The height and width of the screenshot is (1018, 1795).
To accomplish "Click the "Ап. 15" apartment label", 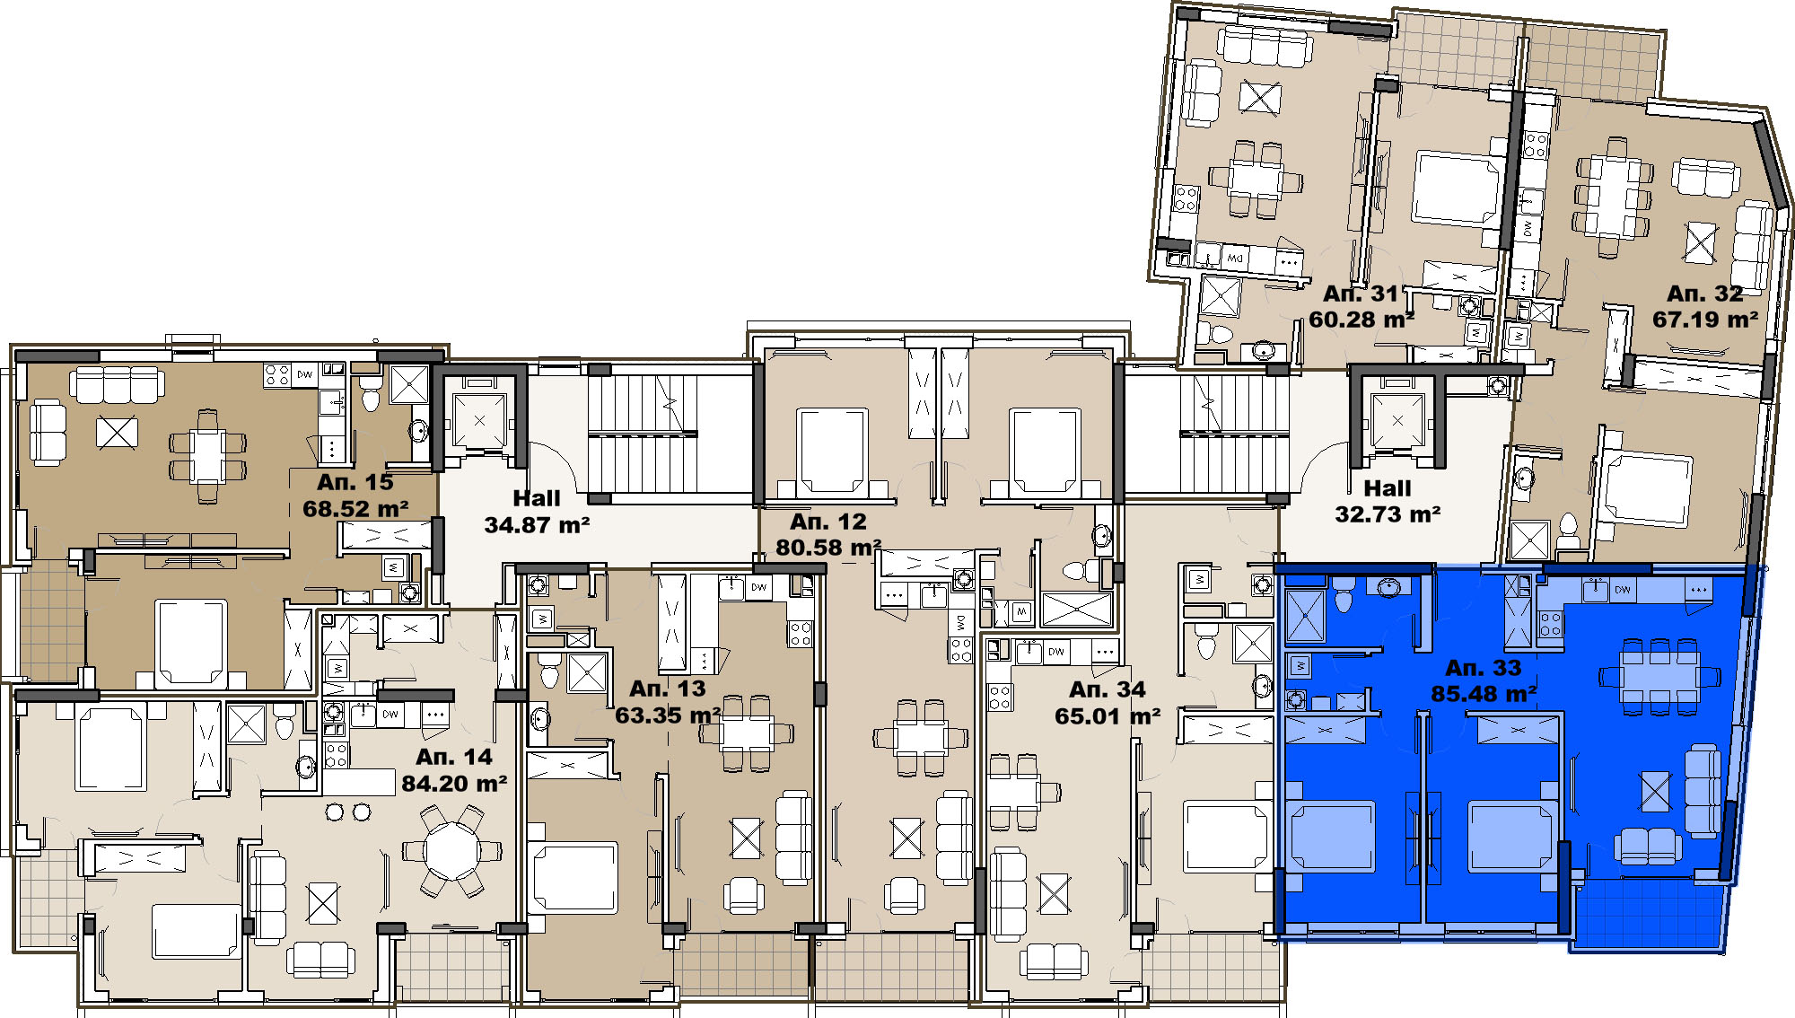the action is [355, 482].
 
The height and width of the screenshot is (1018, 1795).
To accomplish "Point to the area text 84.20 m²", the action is [454, 784].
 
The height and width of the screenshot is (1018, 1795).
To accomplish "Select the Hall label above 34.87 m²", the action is [537, 498].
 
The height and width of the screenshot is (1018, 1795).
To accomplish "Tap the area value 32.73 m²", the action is [1388, 514].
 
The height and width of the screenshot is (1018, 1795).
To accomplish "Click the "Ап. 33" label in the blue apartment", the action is [1484, 668].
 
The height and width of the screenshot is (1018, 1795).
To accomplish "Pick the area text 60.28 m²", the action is [1362, 320].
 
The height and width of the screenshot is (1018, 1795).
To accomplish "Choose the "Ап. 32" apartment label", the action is [1705, 294].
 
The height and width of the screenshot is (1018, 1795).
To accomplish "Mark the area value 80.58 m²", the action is [828, 548].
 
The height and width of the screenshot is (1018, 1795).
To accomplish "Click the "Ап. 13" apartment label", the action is [668, 689].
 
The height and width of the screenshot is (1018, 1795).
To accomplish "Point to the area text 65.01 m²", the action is [1108, 716].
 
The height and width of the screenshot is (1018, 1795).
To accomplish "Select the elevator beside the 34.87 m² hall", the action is [479, 419].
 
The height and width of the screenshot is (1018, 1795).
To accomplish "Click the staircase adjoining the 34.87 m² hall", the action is [643, 434].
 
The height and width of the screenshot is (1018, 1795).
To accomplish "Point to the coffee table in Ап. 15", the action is [117, 433].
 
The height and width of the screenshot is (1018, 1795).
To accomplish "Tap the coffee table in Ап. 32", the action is [1700, 242].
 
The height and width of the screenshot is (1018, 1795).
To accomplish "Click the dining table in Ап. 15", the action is [207, 456].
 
